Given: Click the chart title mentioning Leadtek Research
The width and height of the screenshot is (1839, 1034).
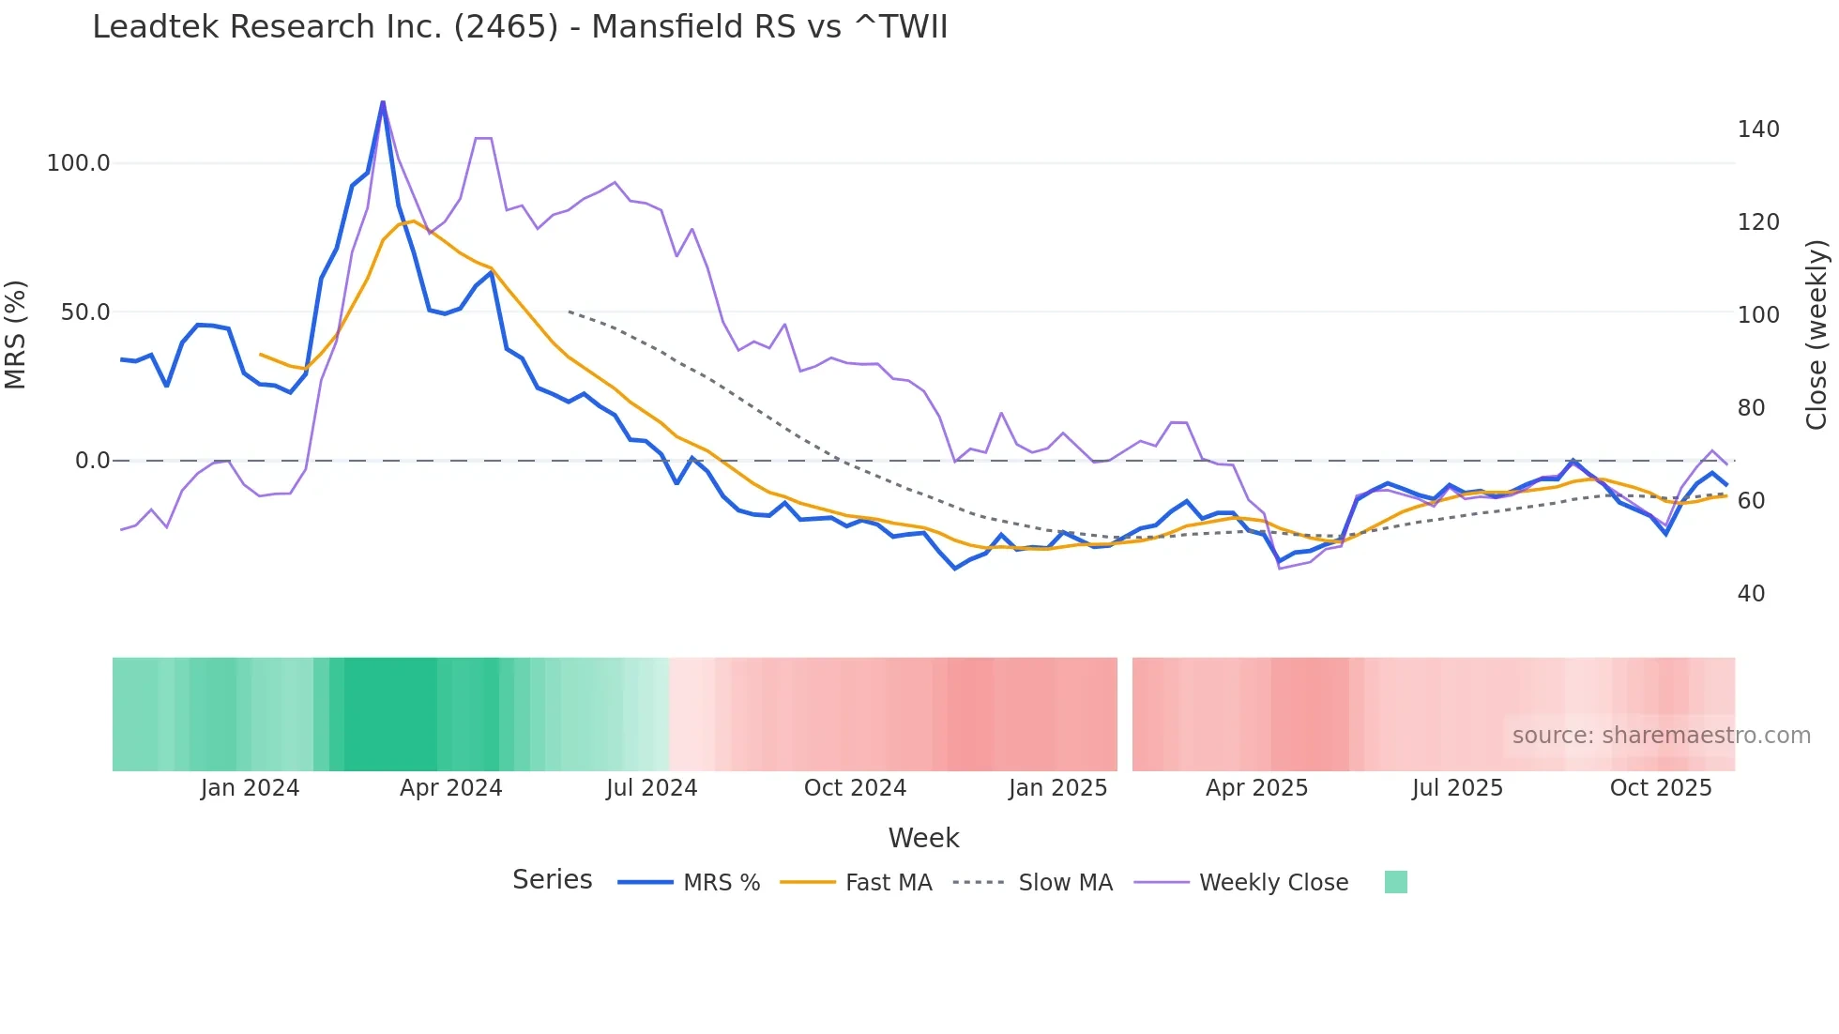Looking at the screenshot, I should click(519, 27).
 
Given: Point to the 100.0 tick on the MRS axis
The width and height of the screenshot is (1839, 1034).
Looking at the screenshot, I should click(79, 163).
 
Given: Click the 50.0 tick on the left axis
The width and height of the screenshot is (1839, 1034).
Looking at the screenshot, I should click(85, 312).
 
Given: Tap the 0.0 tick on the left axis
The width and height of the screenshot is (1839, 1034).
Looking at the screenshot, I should click(92, 461).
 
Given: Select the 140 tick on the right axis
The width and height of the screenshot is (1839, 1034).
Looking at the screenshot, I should click(1757, 129).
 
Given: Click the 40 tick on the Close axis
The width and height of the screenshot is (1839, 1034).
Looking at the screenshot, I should click(1751, 594).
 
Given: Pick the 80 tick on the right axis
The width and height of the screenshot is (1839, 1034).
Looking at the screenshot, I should click(1751, 408).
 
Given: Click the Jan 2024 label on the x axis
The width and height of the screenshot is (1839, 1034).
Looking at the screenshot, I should click(250, 788).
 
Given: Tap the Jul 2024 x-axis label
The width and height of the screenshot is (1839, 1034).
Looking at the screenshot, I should click(651, 788).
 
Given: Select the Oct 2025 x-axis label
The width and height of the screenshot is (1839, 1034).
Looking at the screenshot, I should click(1661, 788).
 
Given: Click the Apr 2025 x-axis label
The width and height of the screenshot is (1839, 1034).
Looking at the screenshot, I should click(1256, 788).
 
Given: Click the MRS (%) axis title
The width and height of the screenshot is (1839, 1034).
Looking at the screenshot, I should click(16, 334).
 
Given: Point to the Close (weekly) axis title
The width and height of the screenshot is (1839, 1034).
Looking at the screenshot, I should click(1817, 334).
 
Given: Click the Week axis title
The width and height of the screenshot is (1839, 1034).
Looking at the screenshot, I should click(923, 838).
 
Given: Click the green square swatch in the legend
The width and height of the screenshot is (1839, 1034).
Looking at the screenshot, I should click(1395, 882).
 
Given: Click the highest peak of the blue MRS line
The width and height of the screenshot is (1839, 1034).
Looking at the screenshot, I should click(383, 101).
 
